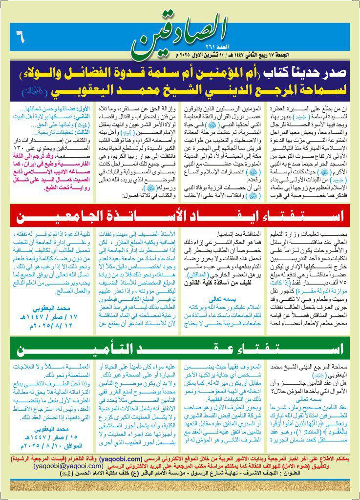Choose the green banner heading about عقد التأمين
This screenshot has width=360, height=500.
tap(181, 349)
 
